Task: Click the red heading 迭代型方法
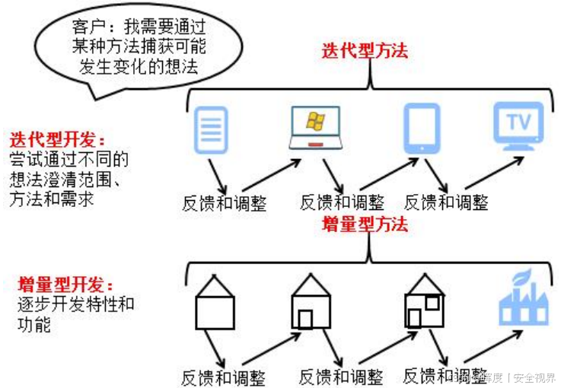(x=365, y=51)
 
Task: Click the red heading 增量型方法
(x=365, y=224)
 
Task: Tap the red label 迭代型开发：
(x=57, y=141)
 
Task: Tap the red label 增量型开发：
(x=65, y=285)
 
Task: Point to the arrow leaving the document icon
(x=216, y=175)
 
